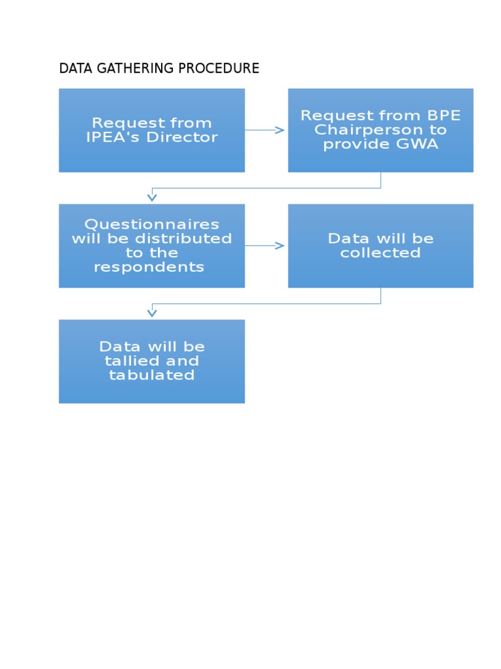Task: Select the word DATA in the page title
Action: click(x=72, y=69)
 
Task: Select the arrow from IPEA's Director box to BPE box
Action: click(x=266, y=130)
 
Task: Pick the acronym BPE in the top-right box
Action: click(x=444, y=116)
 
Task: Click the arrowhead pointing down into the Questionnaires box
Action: click(x=152, y=197)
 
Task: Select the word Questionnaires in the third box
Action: click(x=151, y=224)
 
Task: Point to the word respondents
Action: click(x=149, y=267)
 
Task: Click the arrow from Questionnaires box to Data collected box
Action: click(x=266, y=246)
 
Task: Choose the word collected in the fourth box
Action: click(x=380, y=253)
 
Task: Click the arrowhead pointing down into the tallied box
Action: click(x=152, y=313)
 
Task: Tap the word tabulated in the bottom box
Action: click(x=151, y=375)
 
